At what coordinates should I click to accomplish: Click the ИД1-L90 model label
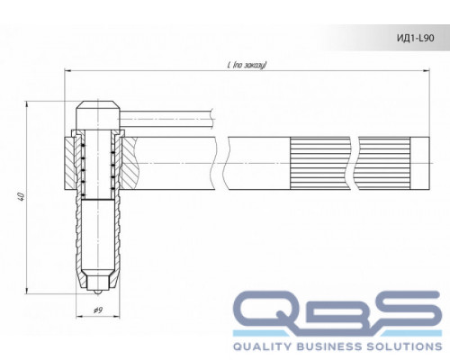[x=416, y=38]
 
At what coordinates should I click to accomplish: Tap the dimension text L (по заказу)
[x=247, y=65]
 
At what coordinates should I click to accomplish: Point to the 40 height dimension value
[x=21, y=196]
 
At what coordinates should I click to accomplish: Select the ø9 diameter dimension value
[x=98, y=310]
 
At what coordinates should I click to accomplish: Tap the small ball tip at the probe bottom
[x=97, y=292]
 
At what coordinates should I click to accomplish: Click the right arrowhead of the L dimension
[x=427, y=70]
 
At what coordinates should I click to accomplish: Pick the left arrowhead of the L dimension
[x=68, y=70]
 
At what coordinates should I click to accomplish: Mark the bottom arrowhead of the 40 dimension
[x=27, y=290]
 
